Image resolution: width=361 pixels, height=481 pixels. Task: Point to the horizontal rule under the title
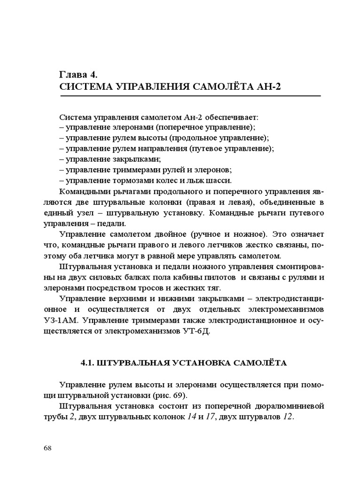(190, 96)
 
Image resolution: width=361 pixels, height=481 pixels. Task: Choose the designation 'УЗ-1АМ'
(76, 320)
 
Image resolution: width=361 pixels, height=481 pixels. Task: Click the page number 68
(47, 448)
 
